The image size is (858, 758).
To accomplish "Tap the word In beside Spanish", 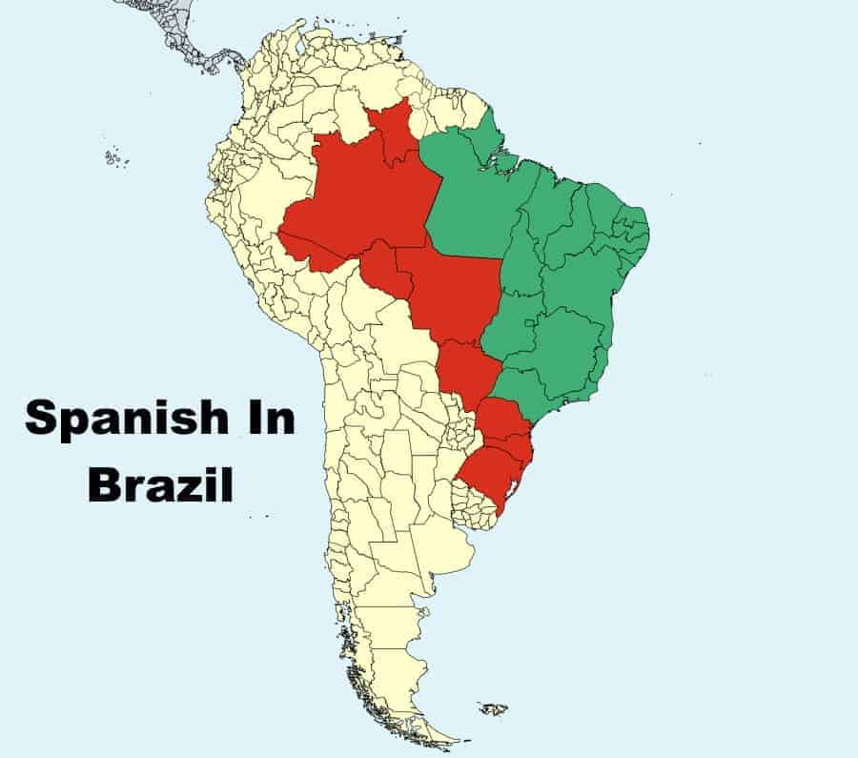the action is point(268,420).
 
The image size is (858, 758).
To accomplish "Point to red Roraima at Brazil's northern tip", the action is point(390,133).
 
